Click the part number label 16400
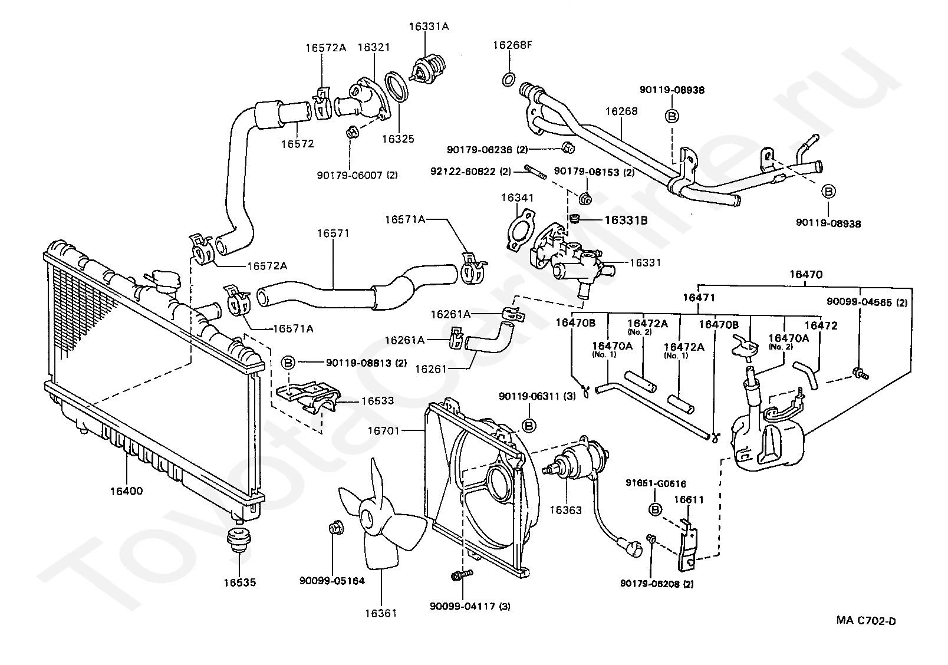pyautogui.click(x=127, y=491)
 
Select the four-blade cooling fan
pyautogui.click(x=380, y=519)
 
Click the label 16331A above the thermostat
pyautogui.click(x=429, y=27)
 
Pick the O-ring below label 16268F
pyautogui.click(x=509, y=79)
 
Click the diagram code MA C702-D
pyautogui.click(x=866, y=621)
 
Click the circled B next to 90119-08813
pyautogui.click(x=288, y=363)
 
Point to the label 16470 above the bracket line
pyautogui.click(x=806, y=275)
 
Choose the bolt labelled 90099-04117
pyautogui.click(x=462, y=575)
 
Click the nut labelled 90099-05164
pyautogui.click(x=336, y=528)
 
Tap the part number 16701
pyautogui.click(x=383, y=431)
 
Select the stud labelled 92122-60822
pyautogui.click(x=535, y=172)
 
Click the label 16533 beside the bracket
pyautogui.click(x=377, y=401)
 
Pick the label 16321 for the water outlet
pyautogui.click(x=374, y=47)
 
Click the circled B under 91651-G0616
pyautogui.click(x=655, y=509)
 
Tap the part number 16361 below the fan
pyautogui.click(x=381, y=613)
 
